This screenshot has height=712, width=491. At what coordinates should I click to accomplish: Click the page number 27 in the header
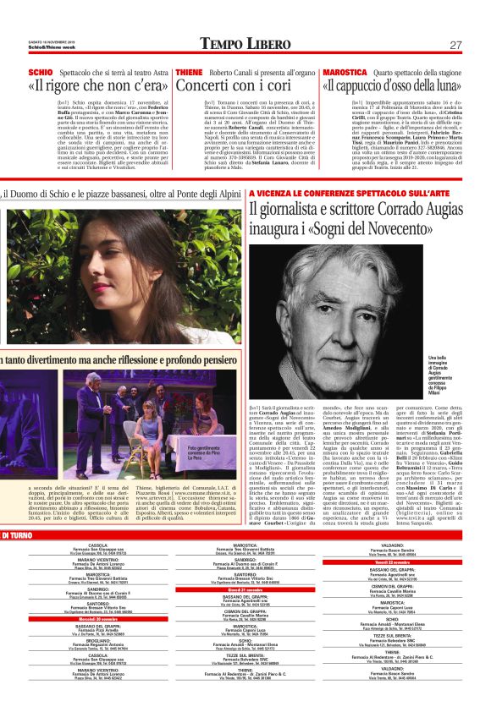click(455, 44)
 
